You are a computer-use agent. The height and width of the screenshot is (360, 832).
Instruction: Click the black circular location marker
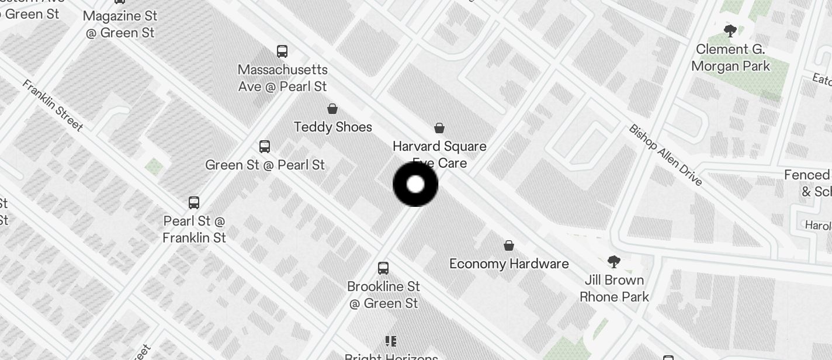point(415,185)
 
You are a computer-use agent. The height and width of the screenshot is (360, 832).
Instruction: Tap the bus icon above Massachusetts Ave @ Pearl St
point(282,51)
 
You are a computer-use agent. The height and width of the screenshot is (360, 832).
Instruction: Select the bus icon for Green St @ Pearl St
point(265,146)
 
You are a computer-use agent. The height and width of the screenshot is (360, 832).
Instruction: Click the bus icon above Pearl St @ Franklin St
point(194,203)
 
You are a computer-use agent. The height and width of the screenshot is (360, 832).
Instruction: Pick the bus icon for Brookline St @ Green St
point(383,268)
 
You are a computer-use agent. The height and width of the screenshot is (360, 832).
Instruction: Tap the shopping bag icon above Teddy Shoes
point(332,109)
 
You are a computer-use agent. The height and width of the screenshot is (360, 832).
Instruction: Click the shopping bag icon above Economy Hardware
point(509,245)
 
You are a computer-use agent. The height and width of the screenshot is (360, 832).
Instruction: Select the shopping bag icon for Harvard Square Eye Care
point(439,128)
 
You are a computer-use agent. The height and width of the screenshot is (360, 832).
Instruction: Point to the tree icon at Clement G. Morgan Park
point(730,31)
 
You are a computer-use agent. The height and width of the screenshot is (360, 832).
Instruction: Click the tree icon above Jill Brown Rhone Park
point(613,261)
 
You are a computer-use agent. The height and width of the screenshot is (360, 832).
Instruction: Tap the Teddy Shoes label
point(333,127)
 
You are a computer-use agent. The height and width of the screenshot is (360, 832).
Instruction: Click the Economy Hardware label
point(509,264)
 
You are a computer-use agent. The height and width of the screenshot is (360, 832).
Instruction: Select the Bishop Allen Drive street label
point(665,155)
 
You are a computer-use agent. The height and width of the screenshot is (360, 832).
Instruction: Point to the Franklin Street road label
point(53,105)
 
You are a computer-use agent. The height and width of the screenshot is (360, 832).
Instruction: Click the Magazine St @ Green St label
point(121,25)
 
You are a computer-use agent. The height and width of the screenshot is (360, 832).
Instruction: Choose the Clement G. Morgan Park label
point(730,58)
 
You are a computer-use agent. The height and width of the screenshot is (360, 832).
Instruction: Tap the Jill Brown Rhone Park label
point(614,288)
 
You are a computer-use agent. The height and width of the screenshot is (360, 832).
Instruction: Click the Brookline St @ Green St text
point(384,295)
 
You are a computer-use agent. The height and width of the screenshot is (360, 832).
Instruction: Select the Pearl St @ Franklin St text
point(194,229)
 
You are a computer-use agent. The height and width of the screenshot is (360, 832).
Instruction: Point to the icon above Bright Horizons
point(391,341)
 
